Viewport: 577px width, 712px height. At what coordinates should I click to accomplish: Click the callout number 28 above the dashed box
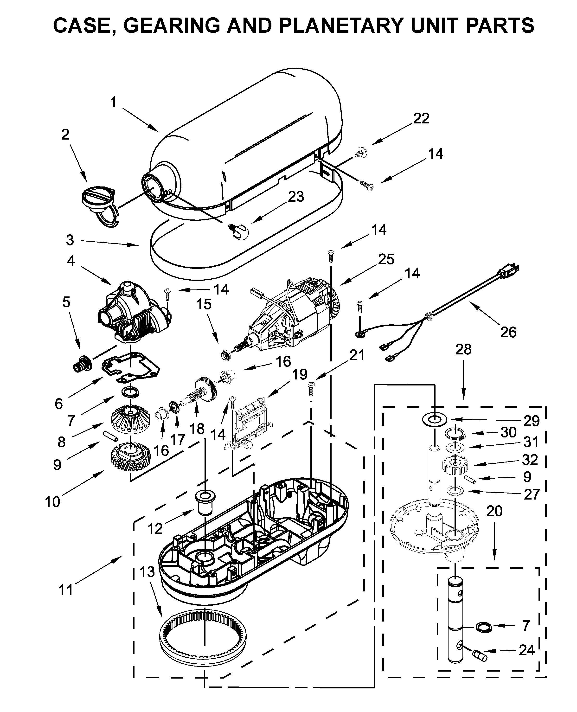point(463,349)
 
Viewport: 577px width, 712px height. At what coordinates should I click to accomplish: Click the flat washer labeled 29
point(434,420)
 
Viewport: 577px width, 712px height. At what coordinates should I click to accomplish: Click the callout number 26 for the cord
point(508,332)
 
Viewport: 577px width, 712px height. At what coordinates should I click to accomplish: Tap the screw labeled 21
point(311,388)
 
